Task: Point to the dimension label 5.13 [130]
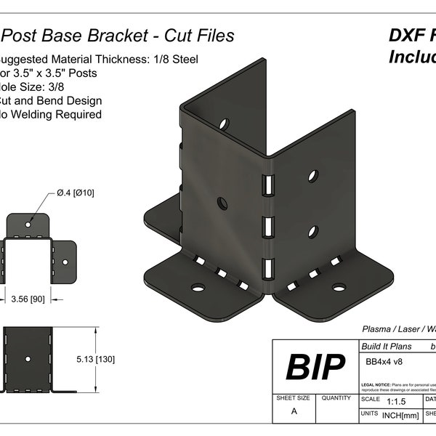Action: point(100,359)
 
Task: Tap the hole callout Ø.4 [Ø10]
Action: point(75,193)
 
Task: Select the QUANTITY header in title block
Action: point(336,398)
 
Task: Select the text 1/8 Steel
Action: point(171,60)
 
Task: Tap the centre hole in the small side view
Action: point(28,359)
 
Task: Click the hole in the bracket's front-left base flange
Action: point(198,288)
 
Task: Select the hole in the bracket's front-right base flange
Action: point(339,287)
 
